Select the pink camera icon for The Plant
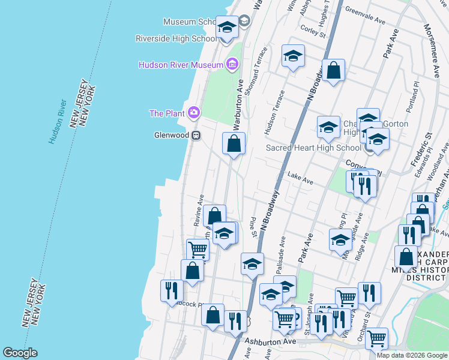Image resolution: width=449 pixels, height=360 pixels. (x=193, y=112)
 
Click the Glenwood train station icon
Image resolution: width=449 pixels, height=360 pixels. (x=196, y=136)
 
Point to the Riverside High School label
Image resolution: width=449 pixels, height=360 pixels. (x=176, y=38)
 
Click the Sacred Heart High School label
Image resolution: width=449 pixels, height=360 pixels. (x=313, y=148)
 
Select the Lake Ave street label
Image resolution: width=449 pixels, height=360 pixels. (x=300, y=179)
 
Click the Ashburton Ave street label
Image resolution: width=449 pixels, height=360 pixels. (x=271, y=341)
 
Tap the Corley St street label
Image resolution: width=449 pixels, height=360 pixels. (x=312, y=31)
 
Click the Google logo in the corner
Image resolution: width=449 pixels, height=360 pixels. (x=20, y=353)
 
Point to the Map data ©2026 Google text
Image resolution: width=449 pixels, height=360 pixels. (x=412, y=355)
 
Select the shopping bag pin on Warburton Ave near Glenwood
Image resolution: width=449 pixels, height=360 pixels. (x=234, y=144)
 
